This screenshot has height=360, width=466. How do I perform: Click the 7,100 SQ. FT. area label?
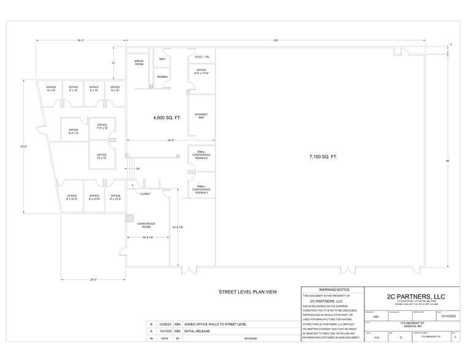(323, 157)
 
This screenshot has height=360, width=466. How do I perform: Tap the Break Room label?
(138, 63)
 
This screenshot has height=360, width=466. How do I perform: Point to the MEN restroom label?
(162, 59)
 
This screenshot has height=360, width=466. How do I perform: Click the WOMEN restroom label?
(162, 77)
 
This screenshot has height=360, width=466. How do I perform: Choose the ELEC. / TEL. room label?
(202, 57)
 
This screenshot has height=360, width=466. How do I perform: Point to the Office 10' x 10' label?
(101, 156)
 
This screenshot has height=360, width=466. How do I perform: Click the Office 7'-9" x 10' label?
(101, 127)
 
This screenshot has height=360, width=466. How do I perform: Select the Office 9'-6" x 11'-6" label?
(202, 72)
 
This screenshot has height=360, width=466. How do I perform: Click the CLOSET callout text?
(145, 193)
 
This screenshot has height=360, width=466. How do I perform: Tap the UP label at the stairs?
(138, 168)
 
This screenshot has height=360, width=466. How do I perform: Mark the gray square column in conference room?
(129, 217)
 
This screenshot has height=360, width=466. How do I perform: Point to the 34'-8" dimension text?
(170, 141)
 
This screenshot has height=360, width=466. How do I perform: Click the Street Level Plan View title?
(248, 292)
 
